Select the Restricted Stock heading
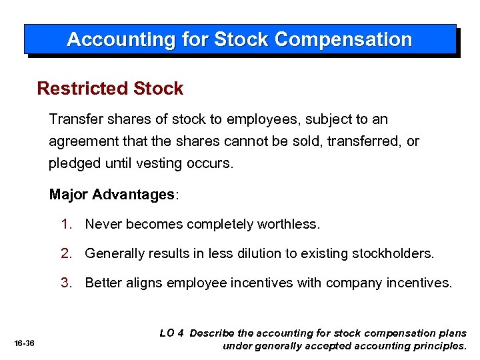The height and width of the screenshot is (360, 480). pos(110,89)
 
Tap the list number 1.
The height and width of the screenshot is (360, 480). pos(65,224)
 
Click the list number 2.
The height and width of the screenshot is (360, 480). pos(65,253)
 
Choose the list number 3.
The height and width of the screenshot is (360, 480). pos(65,283)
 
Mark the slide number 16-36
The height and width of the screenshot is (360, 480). pos(23,343)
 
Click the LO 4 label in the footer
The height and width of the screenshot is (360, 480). pos(172,333)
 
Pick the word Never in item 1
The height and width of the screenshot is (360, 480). pos(103,224)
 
